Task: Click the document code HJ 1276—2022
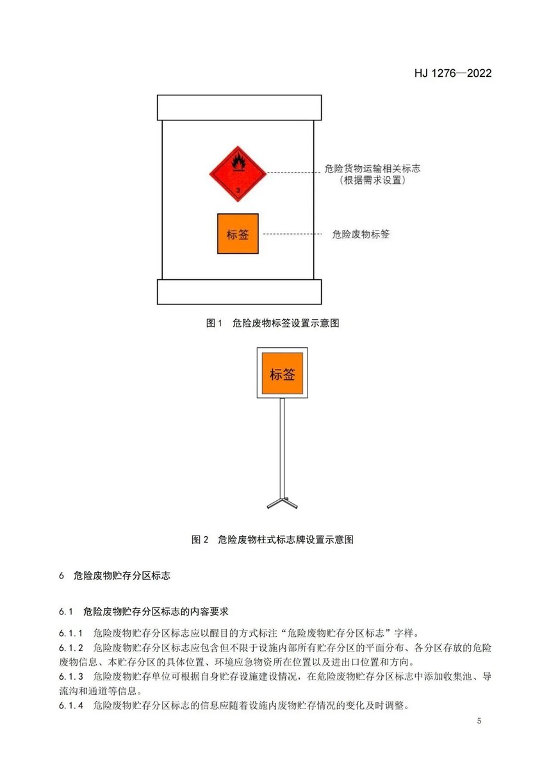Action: (x=453, y=74)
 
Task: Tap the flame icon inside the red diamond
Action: (x=238, y=163)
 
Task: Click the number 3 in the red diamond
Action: (x=238, y=190)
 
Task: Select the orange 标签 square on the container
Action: (x=238, y=234)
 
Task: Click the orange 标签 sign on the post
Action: (x=282, y=373)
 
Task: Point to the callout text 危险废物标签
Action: (x=361, y=234)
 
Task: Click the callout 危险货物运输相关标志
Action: (x=372, y=168)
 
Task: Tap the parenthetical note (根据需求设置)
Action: (x=372, y=180)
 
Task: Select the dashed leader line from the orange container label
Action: (x=292, y=234)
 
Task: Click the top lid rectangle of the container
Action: (x=240, y=108)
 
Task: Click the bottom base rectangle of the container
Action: (x=240, y=291)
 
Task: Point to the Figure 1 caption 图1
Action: (x=213, y=323)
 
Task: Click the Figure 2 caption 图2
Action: (x=200, y=539)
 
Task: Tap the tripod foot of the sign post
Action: (x=282, y=503)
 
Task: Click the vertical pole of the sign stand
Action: (x=282, y=448)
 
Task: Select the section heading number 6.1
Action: (x=66, y=612)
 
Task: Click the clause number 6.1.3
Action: (x=71, y=676)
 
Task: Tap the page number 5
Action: (x=479, y=721)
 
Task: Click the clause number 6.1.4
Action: (x=71, y=705)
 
